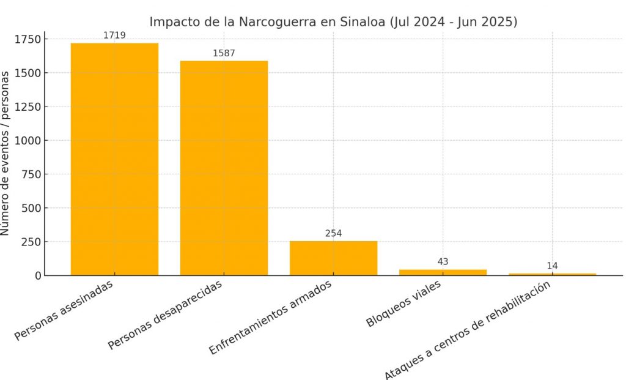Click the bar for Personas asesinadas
[114, 159]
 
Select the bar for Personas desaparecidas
[224, 168]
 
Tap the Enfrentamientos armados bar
[333, 258]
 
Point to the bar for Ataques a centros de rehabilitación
[552, 274]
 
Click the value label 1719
[114, 35]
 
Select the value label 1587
[224, 53]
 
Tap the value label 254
[333, 233]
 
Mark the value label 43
[443, 262]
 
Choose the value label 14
[552, 266]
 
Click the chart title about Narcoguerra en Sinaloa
[333, 22]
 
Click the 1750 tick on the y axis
[27, 40]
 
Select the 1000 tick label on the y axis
[27, 141]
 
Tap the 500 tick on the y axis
[30, 208]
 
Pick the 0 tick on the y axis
[37, 275]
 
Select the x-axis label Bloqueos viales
[403, 304]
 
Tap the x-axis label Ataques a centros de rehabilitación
[468, 331]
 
